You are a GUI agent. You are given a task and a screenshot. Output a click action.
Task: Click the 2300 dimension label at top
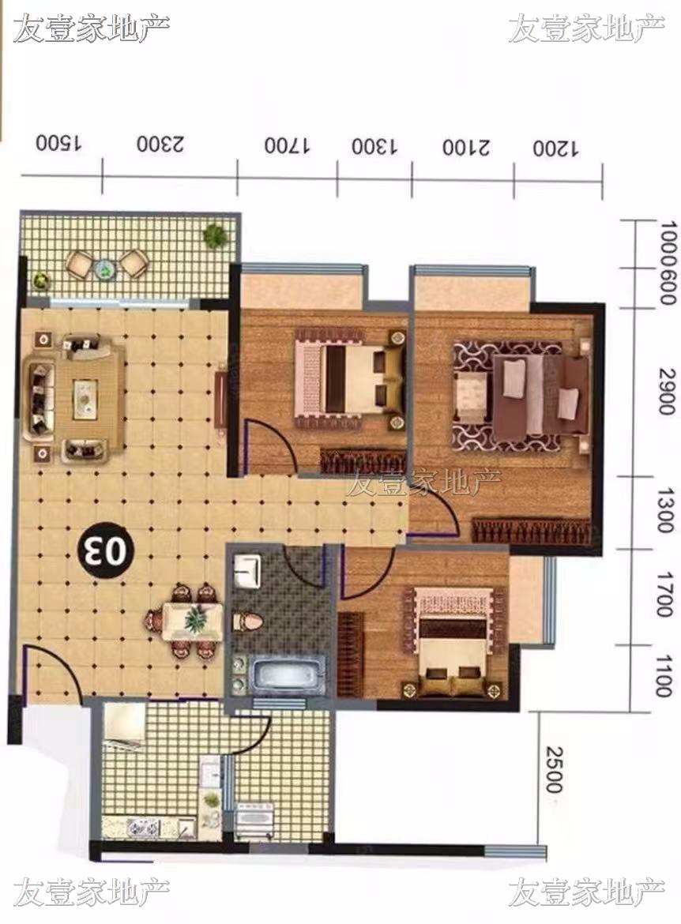pos(160,144)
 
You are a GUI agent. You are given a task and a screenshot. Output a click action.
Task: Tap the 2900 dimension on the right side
pos(666,392)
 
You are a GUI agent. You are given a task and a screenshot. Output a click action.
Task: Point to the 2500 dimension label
pos(554,770)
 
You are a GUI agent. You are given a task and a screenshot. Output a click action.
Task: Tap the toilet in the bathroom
pos(246,621)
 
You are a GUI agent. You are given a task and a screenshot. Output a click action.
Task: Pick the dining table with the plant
pos(192,621)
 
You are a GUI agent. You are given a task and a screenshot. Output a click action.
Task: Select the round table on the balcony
pos(106,269)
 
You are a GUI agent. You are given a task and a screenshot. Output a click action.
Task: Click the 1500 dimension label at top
pos(59,143)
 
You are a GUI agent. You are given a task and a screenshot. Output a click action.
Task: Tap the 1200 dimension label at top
pos(555,148)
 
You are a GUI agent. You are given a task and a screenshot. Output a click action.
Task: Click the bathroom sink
pos(246,570)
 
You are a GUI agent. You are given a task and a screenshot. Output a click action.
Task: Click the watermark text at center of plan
pos(423,483)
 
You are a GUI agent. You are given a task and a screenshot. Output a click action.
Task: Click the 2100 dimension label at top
pos(466,147)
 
